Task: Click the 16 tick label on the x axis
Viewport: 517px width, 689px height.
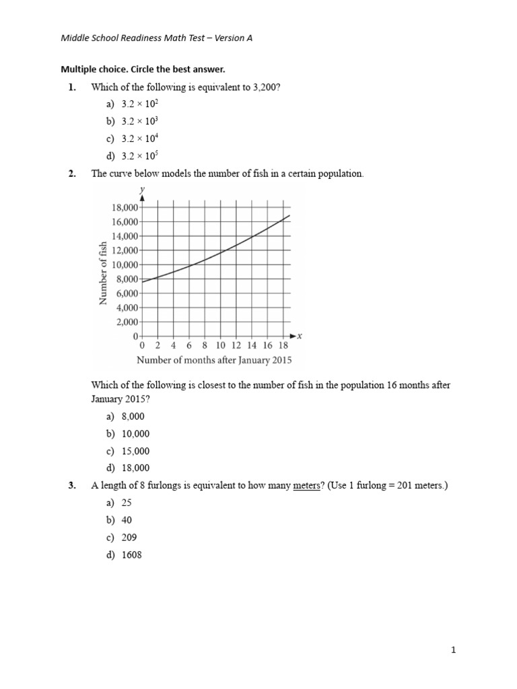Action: [268, 345]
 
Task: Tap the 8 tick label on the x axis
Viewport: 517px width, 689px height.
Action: [205, 345]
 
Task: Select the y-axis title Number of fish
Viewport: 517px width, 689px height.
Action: [104, 273]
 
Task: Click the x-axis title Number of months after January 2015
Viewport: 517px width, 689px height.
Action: [214, 360]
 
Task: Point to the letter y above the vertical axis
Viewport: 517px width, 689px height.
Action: [142, 190]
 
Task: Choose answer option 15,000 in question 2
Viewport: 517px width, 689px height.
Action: [135, 451]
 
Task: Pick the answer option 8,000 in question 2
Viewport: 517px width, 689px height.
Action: [133, 416]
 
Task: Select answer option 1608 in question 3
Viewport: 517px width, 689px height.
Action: [132, 555]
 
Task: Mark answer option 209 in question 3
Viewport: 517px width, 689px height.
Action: [129, 538]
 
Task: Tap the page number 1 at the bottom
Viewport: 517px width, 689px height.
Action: [454, 650]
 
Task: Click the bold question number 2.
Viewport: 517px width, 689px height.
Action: [72, 174]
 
